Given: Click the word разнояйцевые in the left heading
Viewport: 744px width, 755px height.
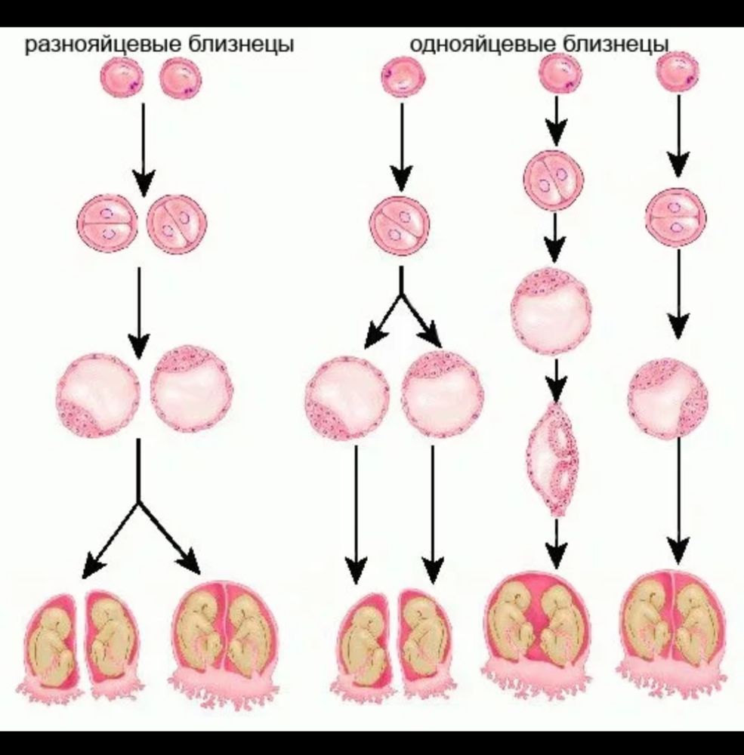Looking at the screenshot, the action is [x=103, y=45].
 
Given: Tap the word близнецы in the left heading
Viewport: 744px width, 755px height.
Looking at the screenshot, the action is [x=241, y=45].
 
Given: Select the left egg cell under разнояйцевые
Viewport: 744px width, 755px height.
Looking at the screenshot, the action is [x=122, y=79].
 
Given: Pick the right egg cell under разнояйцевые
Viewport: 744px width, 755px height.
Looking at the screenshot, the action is [x=181, y=79].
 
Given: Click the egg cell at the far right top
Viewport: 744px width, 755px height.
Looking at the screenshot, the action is [x=678, y=72].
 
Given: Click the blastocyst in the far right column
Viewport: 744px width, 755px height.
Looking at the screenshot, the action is [x=668, y=398].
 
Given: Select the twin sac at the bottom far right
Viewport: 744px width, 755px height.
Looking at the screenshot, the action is [x=672, y=633].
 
